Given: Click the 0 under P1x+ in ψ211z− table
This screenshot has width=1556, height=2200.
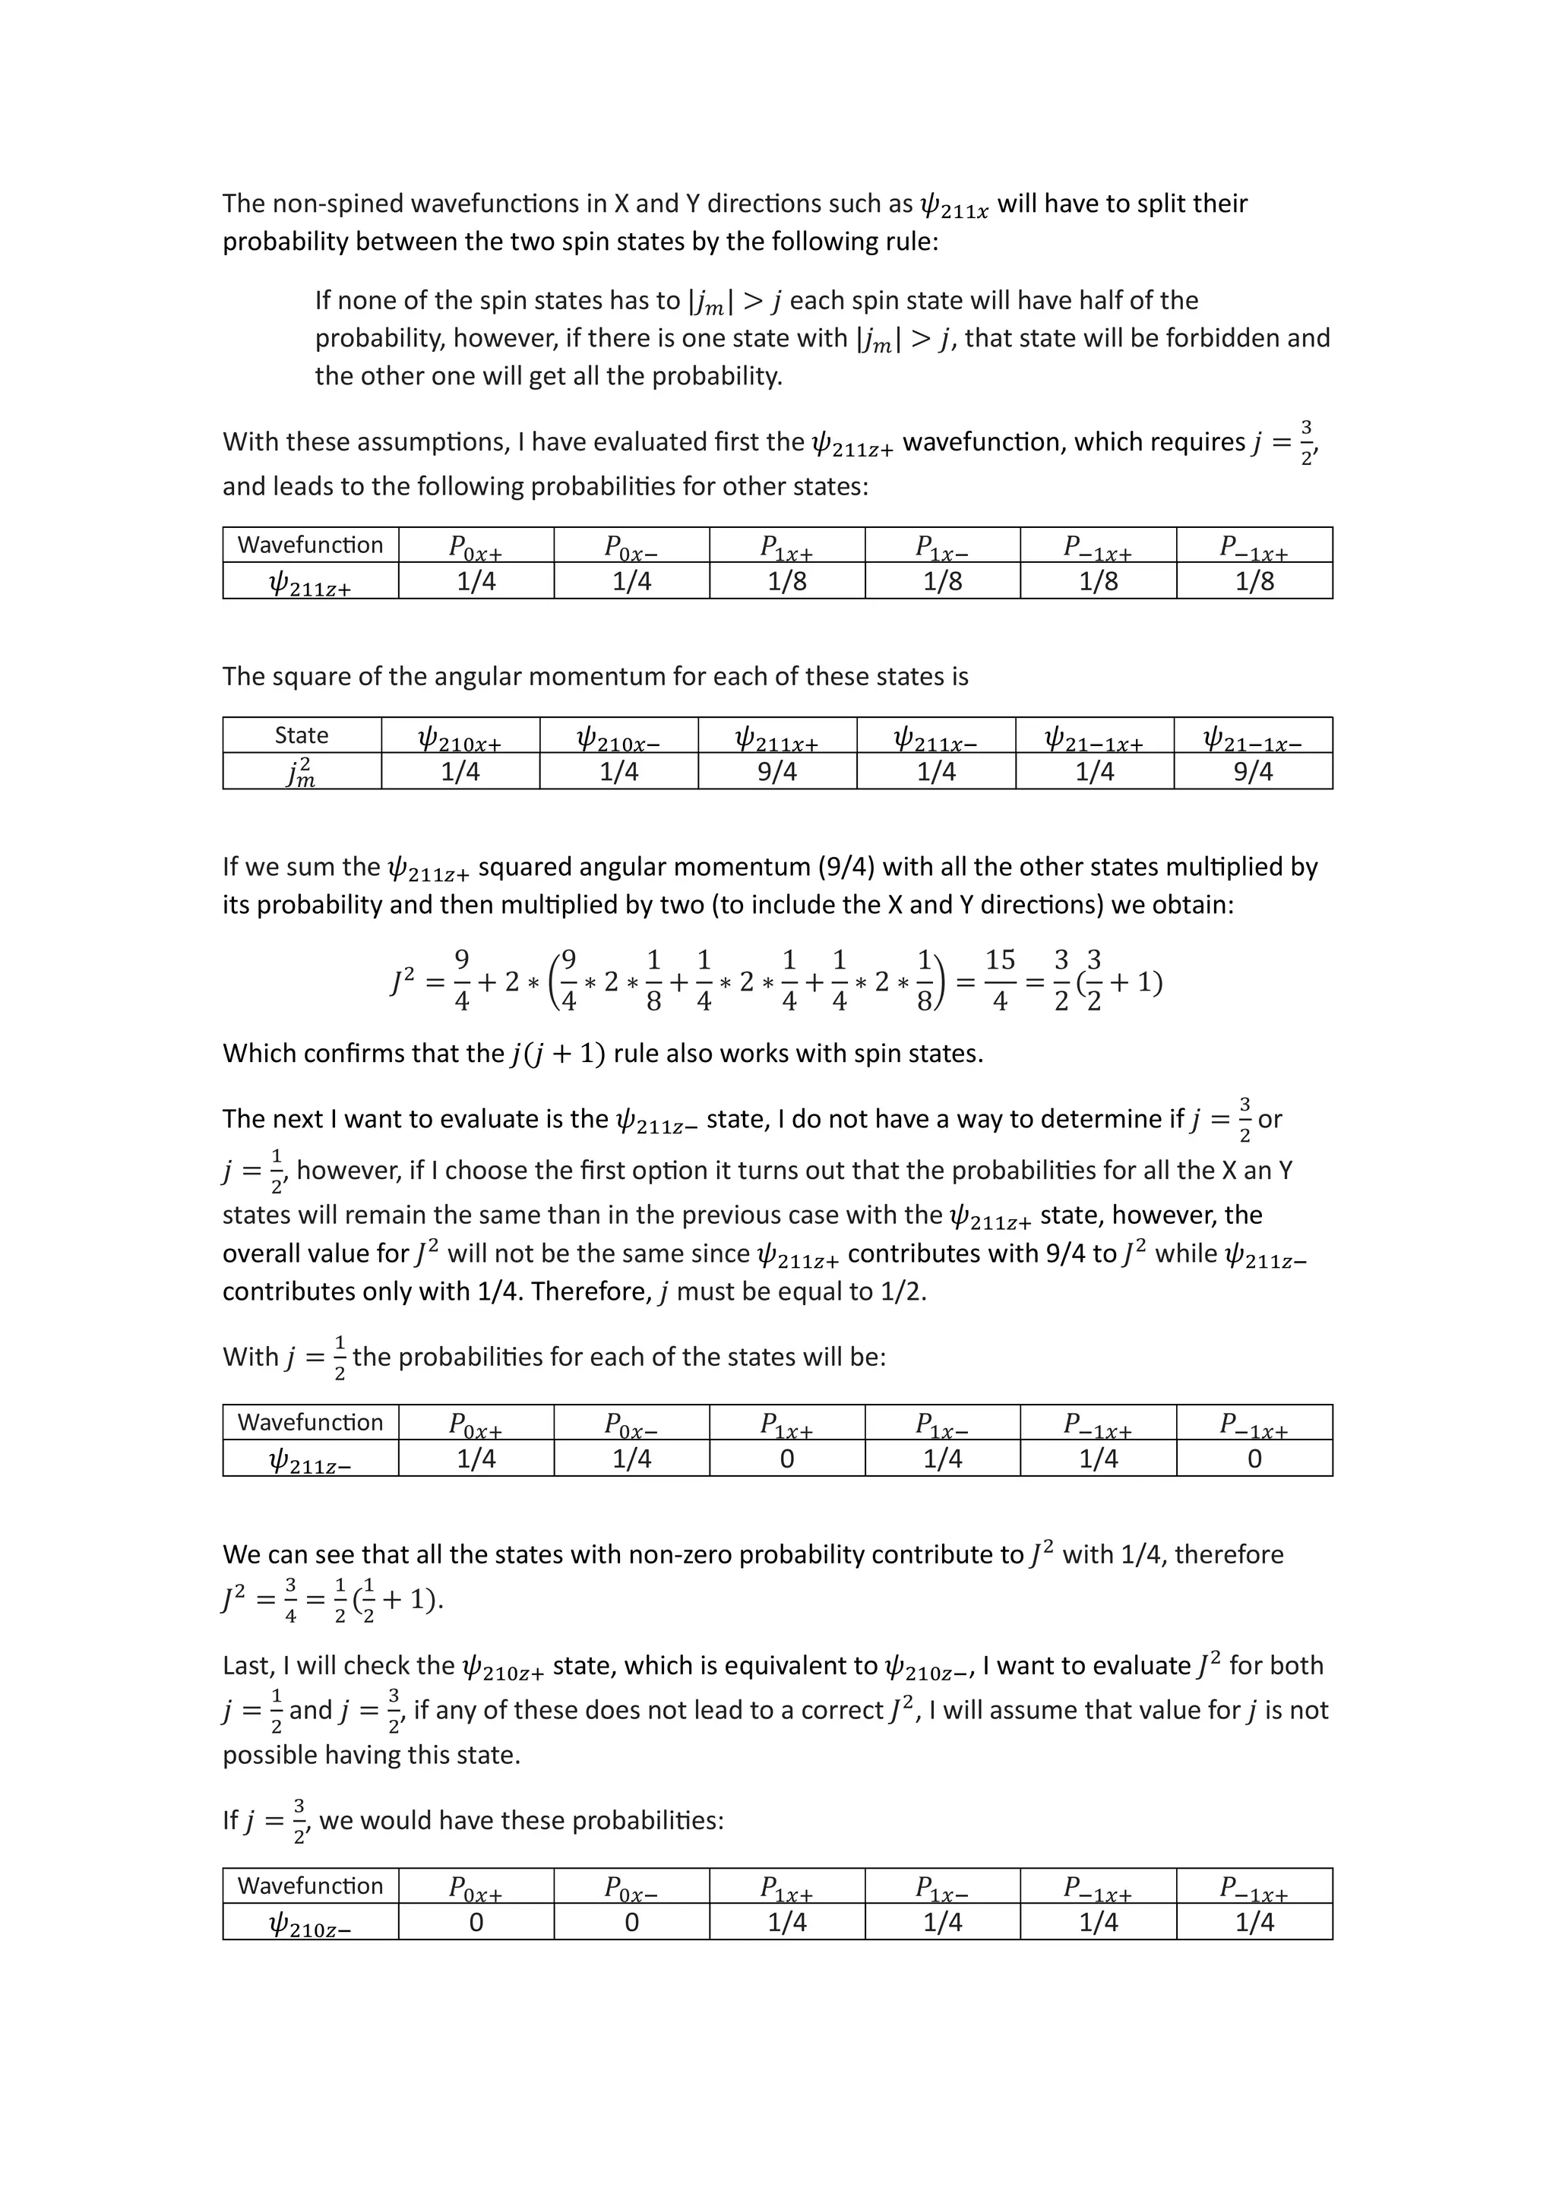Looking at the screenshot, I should pos(786,1459).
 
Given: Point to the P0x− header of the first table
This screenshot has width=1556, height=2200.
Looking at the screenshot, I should pos(631,547).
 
